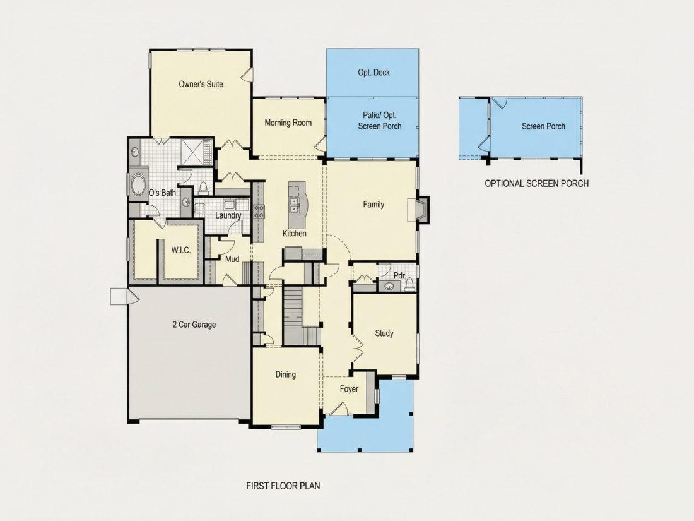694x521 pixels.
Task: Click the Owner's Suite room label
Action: (x=201, y=84)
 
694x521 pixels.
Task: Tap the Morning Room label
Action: (x=288, y=123)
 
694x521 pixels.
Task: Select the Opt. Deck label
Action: (x=373, y=72)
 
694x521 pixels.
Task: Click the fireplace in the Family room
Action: (x=418, y=210)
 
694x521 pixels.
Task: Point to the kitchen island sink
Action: (x=293, y=204)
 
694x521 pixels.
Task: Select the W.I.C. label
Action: (x=181, y=250)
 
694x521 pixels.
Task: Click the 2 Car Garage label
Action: (x=194, y=325)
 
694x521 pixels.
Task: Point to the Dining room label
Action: (x=285, y=374)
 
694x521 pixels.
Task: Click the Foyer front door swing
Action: (x=339, y=409)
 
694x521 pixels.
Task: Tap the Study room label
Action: (x=384, y=333)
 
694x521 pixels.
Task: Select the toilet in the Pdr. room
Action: (x=409, y=285)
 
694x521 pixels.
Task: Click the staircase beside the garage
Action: (x=293, y=315)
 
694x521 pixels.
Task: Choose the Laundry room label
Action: (x=228, y=215)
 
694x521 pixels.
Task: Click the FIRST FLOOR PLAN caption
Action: (x=283, y=486)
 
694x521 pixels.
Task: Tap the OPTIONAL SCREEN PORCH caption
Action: (x=536, y=183)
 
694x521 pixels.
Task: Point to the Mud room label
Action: (x=232, y=259)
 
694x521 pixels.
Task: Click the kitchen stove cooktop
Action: (x=259, y=212)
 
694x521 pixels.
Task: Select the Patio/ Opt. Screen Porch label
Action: (x=380, y=121)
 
